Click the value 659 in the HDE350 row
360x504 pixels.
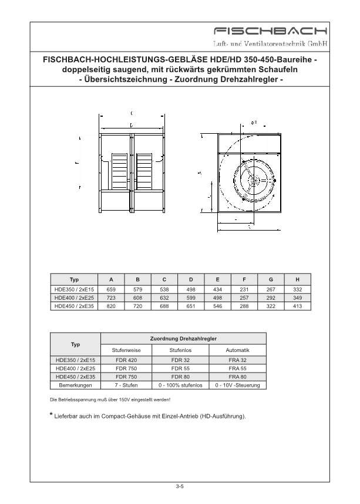click(x=110, y=289)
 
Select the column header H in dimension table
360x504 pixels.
click(x=298, y=280)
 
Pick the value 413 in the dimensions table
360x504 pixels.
click(x=298, y=306)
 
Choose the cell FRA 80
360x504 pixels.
click(x=238, y=377)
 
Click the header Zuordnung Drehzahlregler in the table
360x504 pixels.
click(x=184, y=339)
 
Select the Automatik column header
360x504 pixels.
click(x=238, y=350)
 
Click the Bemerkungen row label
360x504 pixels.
click(x=75, y=385)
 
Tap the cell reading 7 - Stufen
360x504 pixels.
click(x=126, y=385)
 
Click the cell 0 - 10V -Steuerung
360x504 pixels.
click(x=238, y=385)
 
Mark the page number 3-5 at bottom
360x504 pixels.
click(x=180, y=486)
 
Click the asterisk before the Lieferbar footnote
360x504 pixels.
click(x=52, y=415)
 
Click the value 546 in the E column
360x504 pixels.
click(x=218, y=306)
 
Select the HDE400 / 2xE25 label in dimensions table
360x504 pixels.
click(x=74, y=297)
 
